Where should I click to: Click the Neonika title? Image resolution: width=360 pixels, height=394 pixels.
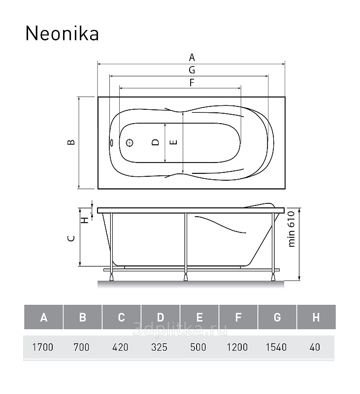(x=62, y=33)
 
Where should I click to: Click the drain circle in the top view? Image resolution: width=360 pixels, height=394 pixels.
(x=130, y=143)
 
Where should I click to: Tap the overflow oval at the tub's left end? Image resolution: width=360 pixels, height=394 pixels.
(x=111, y=143)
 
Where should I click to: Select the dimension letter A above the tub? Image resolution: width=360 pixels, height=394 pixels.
(x=192, y=58)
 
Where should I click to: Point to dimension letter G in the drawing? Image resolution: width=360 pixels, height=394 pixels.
(x=192, y=70)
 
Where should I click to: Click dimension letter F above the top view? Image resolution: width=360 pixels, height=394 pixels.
(x=192, y=82)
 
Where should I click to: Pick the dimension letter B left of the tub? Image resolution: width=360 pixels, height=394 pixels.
(x=71, y=142)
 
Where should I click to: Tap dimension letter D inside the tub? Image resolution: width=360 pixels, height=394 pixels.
(x=156, y=142)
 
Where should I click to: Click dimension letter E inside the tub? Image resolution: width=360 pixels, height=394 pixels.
(x=173, y=142)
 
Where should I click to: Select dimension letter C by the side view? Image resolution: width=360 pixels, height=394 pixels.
(x=71, y=238)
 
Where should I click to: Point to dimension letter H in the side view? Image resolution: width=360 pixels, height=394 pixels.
(x=86, y=220)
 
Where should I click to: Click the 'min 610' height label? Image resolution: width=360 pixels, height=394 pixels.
(x=291, y=229)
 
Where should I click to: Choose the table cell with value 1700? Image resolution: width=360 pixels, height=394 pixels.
(x=43, y=347)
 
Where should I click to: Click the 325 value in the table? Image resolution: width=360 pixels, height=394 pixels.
(x=159, y=347)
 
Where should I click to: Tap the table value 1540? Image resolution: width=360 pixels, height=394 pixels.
(x=276, y=347)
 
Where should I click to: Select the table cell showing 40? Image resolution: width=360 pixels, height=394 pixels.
(x=315, y=347)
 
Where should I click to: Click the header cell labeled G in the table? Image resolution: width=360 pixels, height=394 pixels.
(x=277, y=317)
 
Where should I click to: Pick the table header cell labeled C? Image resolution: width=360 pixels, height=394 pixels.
(x=122, y=317)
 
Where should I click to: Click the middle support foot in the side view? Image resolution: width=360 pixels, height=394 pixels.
(x=186, y=277)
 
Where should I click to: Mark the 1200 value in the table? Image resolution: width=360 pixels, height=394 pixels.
(x=237, y=347)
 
